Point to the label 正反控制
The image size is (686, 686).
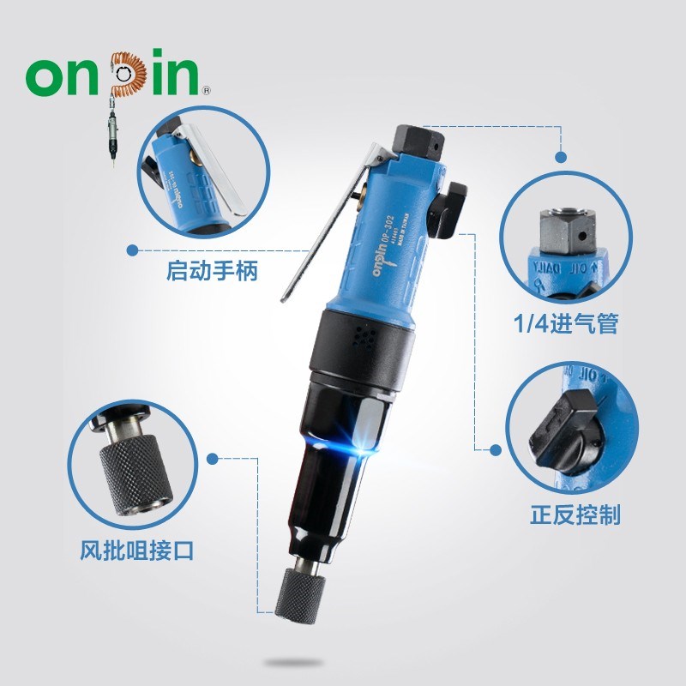(575, 514)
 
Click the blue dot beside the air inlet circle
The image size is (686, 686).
(563, 157)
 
